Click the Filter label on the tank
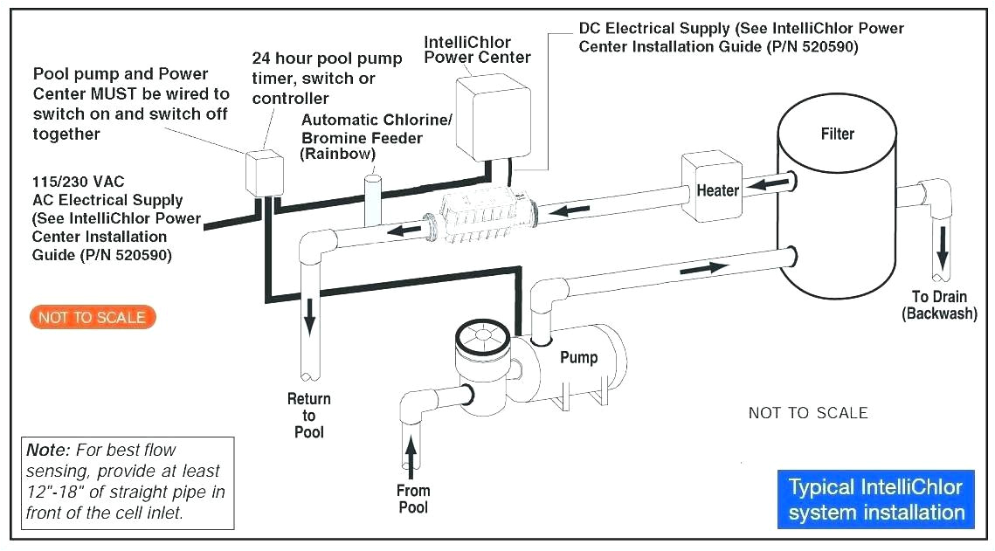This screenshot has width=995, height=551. tap(837, 134)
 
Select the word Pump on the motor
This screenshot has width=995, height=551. tap(578, 357)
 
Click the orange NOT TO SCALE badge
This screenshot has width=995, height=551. tap(93, 317)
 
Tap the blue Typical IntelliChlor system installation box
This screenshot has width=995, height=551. tap(875, 499)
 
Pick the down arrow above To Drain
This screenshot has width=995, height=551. tap(942, 250)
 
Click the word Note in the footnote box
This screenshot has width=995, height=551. tap(46, 451)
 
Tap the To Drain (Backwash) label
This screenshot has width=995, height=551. tap(939, 305)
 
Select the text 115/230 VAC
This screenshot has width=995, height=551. tap(79, 182)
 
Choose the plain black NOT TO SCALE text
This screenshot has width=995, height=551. tap(808, 413)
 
